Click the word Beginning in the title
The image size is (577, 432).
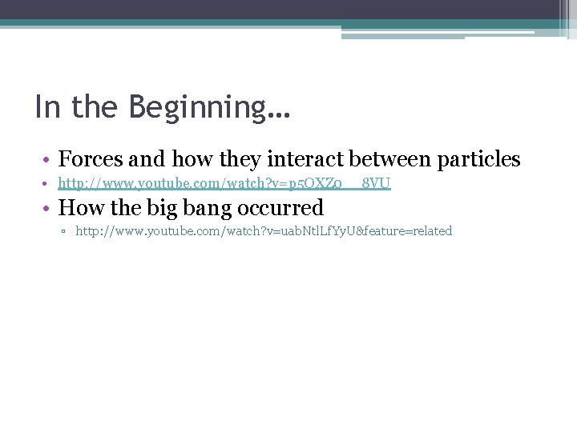[192, 108]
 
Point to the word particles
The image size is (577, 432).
[478, 159]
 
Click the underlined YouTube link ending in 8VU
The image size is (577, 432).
[224, 185]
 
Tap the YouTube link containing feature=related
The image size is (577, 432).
[264, 231]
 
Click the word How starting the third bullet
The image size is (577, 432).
[79, 208]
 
